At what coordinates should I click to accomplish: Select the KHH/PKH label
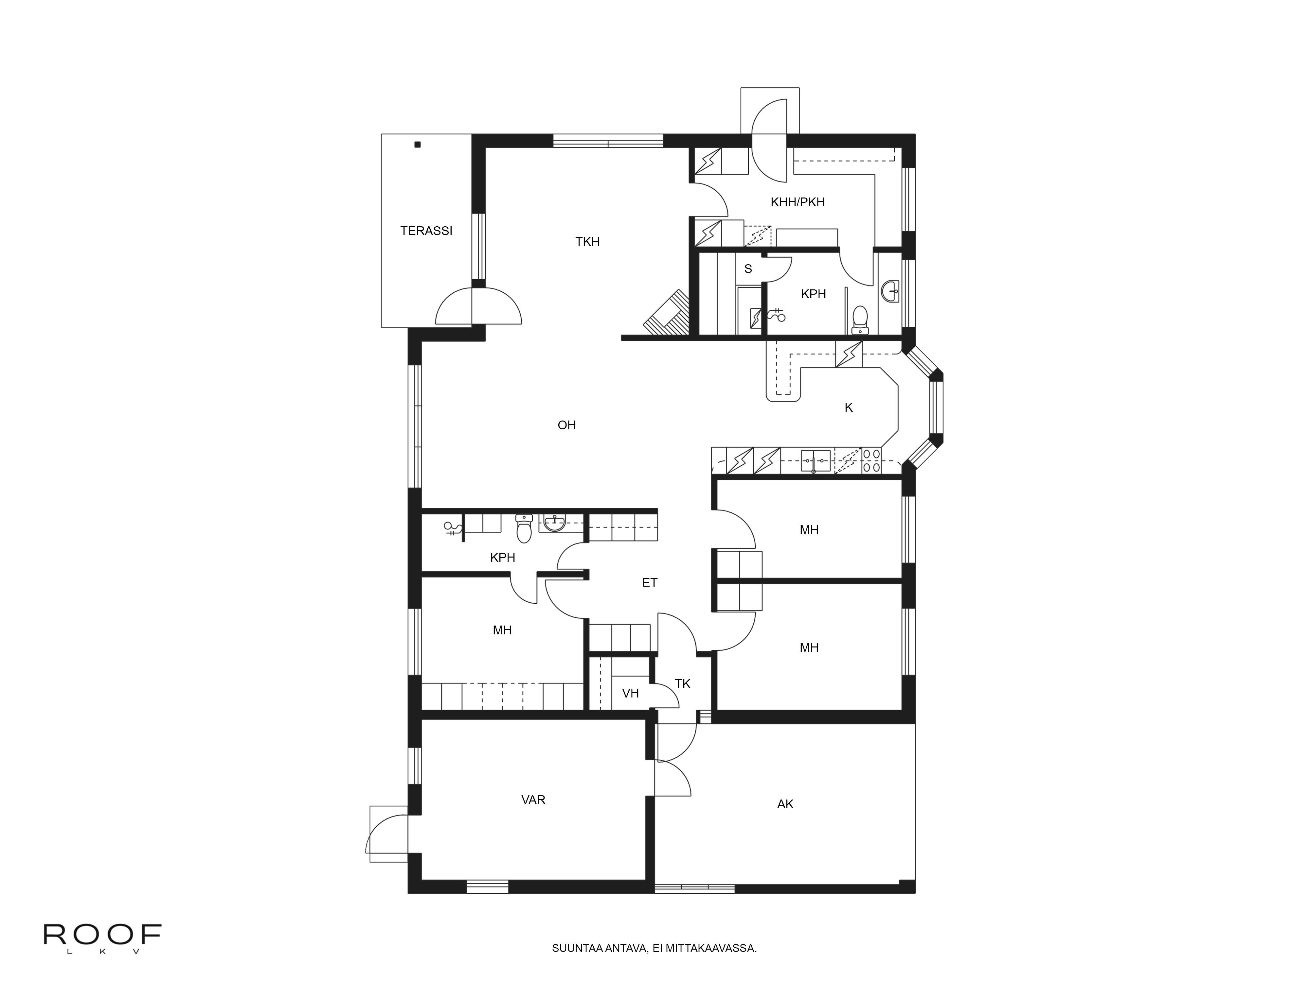[797, 202]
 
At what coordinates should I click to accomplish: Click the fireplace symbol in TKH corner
[666, 313]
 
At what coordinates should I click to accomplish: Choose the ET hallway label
[649, 582]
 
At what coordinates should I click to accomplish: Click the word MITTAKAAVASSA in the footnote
[711, 964]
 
